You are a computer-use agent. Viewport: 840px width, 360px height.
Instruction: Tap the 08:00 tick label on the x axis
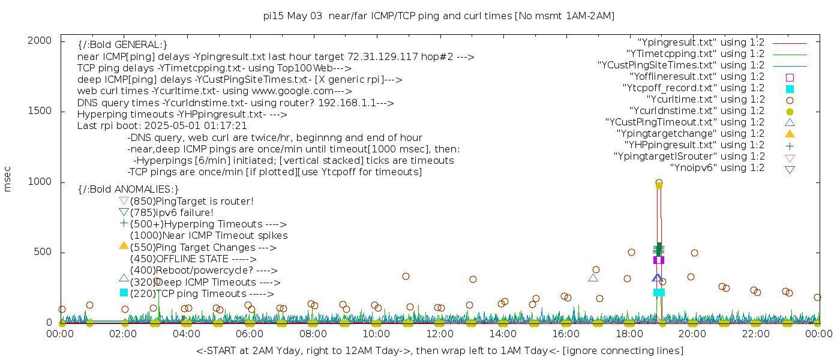(x=313, y=334)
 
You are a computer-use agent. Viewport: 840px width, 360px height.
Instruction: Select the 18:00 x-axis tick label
(x=628, y=334)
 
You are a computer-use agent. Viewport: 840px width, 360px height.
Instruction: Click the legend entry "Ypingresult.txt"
(x=701, y=43)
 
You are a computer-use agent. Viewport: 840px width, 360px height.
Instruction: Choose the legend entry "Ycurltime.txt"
(x=705, y=100)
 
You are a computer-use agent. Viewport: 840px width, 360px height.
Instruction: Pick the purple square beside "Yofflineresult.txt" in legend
(x=790, y=77)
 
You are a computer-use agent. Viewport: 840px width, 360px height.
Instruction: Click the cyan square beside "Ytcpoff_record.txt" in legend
(x=790, y=88)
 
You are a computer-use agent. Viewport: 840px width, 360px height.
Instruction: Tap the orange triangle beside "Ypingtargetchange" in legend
(x=790, y=133)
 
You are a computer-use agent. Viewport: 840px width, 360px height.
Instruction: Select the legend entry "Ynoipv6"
(x=717, y=168)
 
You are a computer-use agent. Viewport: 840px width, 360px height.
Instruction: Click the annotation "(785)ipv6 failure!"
(x=172, y=212)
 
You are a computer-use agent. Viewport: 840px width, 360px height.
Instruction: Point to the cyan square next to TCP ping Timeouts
(x=124, y=293)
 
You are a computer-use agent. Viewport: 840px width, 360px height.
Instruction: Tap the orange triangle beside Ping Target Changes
(x=124, y=245)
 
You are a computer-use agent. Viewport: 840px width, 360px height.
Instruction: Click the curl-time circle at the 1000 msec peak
(x=659, y=182)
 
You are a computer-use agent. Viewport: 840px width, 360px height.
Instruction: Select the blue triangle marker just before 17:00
(x=593, y=278)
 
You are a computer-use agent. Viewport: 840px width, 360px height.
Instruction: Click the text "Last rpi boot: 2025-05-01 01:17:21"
(x=162, y=126)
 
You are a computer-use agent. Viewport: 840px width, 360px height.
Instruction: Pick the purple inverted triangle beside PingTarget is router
(x=124, y=201)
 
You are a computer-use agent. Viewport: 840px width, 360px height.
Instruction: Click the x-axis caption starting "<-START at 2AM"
(x=439, y=350)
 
